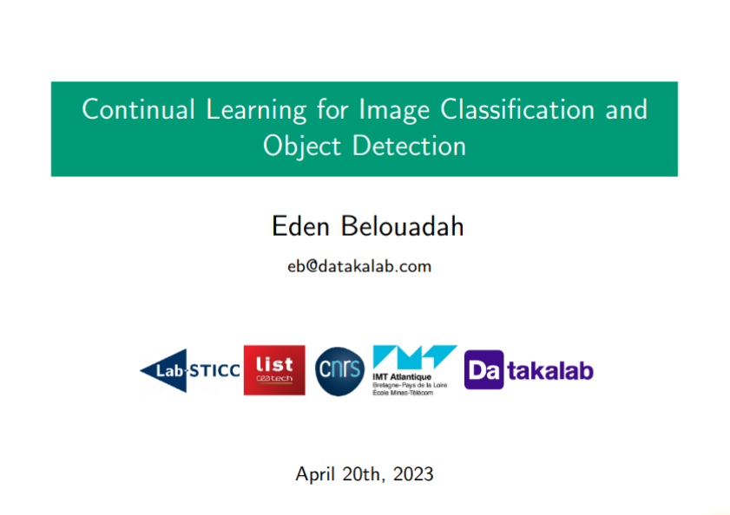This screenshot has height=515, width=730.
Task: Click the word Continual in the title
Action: (138, 109)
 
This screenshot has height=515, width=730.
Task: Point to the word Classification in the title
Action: (517, 109)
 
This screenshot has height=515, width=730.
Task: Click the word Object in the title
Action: (302, 147)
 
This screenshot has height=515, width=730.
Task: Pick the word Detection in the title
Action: (409, 146)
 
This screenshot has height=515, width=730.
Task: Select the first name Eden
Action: (300, 226)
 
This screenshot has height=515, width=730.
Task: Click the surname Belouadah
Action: (402, 226)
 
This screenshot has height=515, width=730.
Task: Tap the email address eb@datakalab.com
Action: (359, 266)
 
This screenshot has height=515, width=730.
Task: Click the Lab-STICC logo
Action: (190, 371)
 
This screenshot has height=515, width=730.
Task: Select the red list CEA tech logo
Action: (274, 370)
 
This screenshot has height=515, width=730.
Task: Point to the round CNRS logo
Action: (339, 371)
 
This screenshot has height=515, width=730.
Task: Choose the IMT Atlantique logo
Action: (414, 371)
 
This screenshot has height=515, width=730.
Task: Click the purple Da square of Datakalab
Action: (483, 370)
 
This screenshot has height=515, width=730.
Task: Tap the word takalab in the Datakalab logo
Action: (550, 371)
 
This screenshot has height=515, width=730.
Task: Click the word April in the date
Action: (315, 474)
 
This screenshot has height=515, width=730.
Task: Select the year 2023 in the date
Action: (413, 473)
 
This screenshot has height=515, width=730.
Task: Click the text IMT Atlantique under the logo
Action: (402, 376)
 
